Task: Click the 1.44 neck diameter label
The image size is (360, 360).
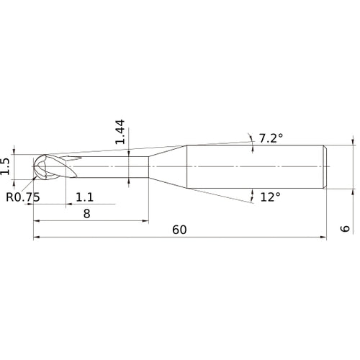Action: [121, 131]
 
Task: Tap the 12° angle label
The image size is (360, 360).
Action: [270, 196]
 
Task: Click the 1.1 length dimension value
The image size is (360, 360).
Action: [84, 196]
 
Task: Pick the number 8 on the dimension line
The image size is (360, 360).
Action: [86, 213]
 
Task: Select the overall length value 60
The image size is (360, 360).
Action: [180, 230]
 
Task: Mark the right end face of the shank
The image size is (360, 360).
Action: [328, 167]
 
